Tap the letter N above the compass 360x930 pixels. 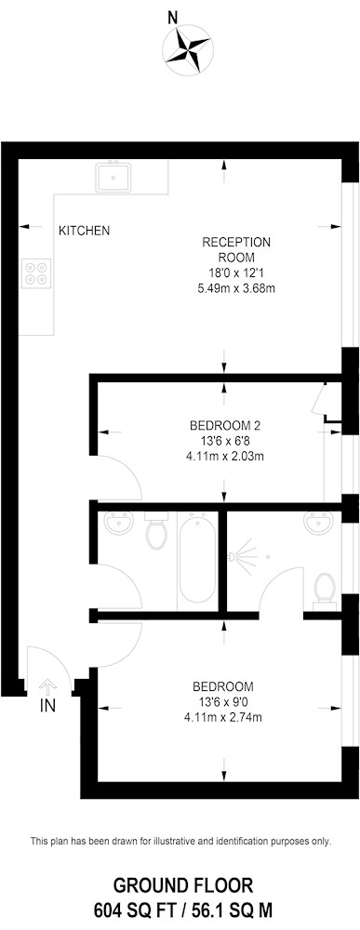tap(173, 19)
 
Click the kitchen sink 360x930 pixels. tap(113, 177)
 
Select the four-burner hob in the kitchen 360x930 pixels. tap(36, 272)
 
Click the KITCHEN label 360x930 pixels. tap(84, 231)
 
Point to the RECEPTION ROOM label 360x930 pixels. tap(236, 249)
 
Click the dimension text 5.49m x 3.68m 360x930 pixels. tap(236, 289)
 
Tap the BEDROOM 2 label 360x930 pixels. tap(225, 426)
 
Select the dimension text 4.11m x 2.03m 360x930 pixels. tap(225, 456)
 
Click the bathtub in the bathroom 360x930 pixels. tap(197, 559)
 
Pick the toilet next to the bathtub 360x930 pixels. tap(156, 530)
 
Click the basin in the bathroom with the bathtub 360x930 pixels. tap(118, 522)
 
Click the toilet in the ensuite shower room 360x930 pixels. tap(325, 588)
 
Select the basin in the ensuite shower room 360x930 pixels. tap(317, 522)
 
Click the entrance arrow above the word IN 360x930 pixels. tap(47, 686)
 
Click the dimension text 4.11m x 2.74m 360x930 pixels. tap(223, 717)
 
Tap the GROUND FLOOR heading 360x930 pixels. tap(183, 886)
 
